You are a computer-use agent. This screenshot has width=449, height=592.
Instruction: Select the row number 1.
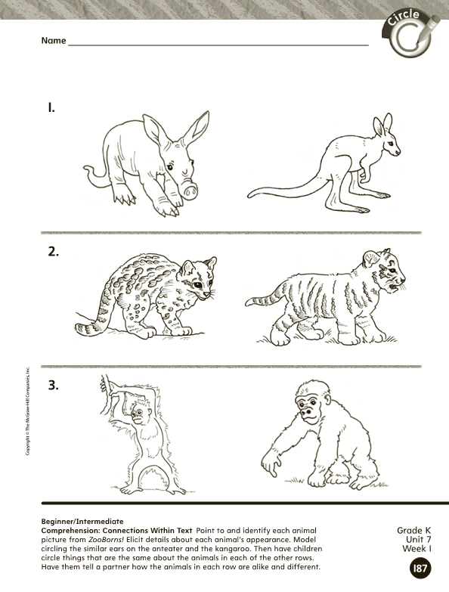point(51,109)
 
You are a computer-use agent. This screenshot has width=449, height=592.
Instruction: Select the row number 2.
point(54,252)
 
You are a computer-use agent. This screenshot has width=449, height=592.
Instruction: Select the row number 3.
point(53,386)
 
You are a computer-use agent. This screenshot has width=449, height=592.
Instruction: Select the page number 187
point(420,569)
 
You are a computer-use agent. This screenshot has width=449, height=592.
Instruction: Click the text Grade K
point(414,531)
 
